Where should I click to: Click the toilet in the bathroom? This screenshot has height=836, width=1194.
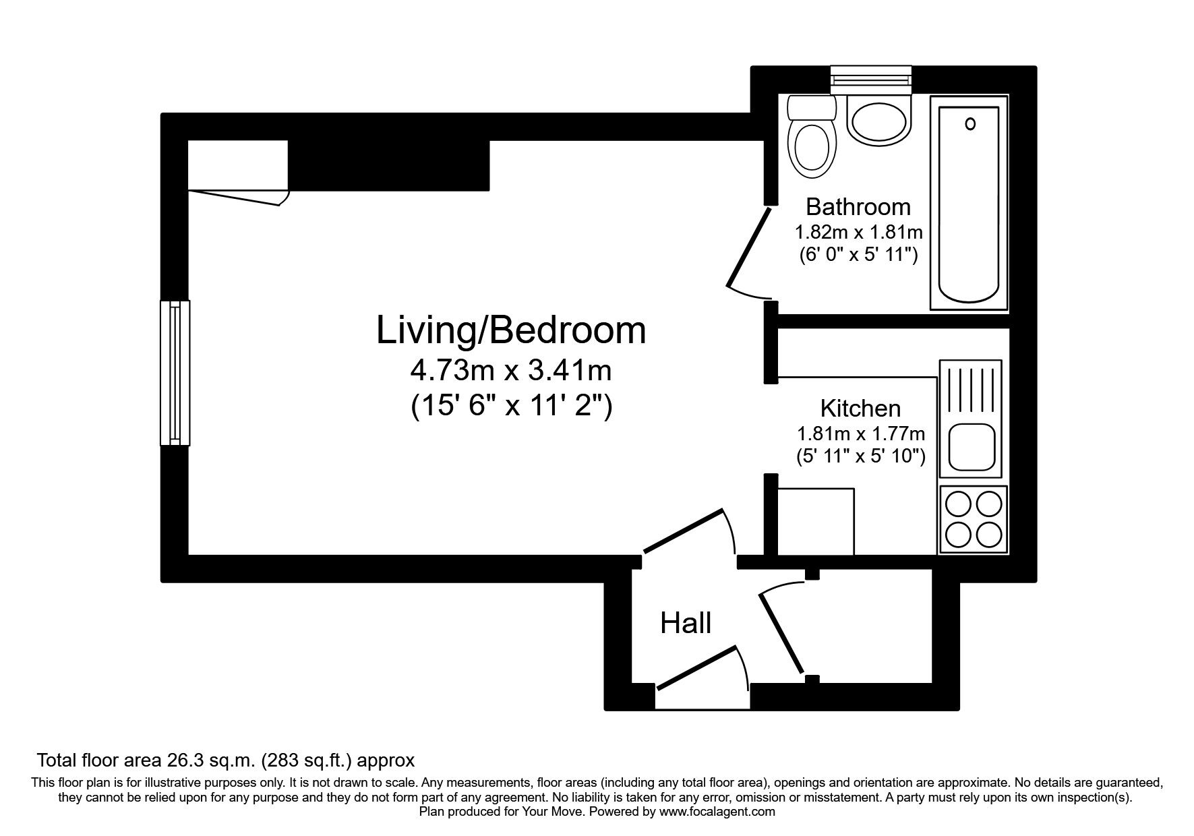coord(811,145)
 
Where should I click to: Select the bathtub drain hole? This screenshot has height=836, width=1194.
coord(970,124)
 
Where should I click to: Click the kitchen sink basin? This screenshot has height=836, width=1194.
coord(972,447)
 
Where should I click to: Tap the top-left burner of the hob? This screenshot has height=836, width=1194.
coord(957,504)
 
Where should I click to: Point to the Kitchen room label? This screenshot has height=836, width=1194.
coord(860,408)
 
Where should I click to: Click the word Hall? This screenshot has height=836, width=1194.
coord(686,624)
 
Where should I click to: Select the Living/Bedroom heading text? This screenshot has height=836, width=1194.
coord(510,330)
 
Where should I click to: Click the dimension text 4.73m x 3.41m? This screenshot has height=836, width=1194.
coord(510,371)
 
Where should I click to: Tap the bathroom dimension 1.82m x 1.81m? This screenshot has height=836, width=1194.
coord(858,233)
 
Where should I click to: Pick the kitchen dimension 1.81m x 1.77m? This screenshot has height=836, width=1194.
coord(860,433)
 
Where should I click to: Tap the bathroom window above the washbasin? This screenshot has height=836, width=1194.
coord(871,79)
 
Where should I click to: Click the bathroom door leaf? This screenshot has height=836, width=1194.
coord(750,247)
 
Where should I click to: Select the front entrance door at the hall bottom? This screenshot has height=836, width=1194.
coord(696,667)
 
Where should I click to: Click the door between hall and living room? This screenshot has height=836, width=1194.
coord(683,531)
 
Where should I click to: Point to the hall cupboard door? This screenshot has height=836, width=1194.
coord(782,632)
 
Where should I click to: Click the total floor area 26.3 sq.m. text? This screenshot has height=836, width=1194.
coord(225,760)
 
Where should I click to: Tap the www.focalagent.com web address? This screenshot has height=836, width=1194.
coord(717,812)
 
